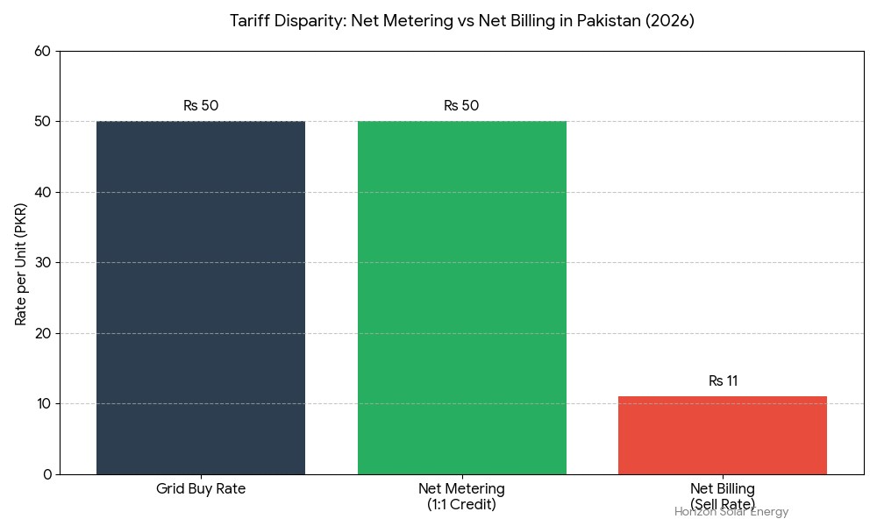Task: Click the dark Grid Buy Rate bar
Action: tap(201, 298)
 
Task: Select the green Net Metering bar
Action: tap(461, 298)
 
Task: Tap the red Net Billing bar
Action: tap(722, 435)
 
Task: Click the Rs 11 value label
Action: tap(723, 381)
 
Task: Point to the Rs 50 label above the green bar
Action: tap(461, 106)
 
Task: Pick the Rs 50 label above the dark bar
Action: tap(201, 106)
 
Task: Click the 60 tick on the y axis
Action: tap(42, 52)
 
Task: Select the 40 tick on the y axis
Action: tap(42, 193)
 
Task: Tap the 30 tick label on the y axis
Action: tap(42, 263)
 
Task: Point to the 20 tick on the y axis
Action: tap(42, 334)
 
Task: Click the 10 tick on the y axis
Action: tap(42, 404)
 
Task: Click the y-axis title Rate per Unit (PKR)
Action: tap(21, 263)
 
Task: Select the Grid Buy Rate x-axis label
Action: tap(201, 489)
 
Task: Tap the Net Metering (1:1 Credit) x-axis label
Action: tap(461, 496)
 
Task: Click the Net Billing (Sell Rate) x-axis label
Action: tap(722, 496)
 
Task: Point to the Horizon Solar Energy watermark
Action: tap(731, 512)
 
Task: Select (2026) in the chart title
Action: tap(668, 21)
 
